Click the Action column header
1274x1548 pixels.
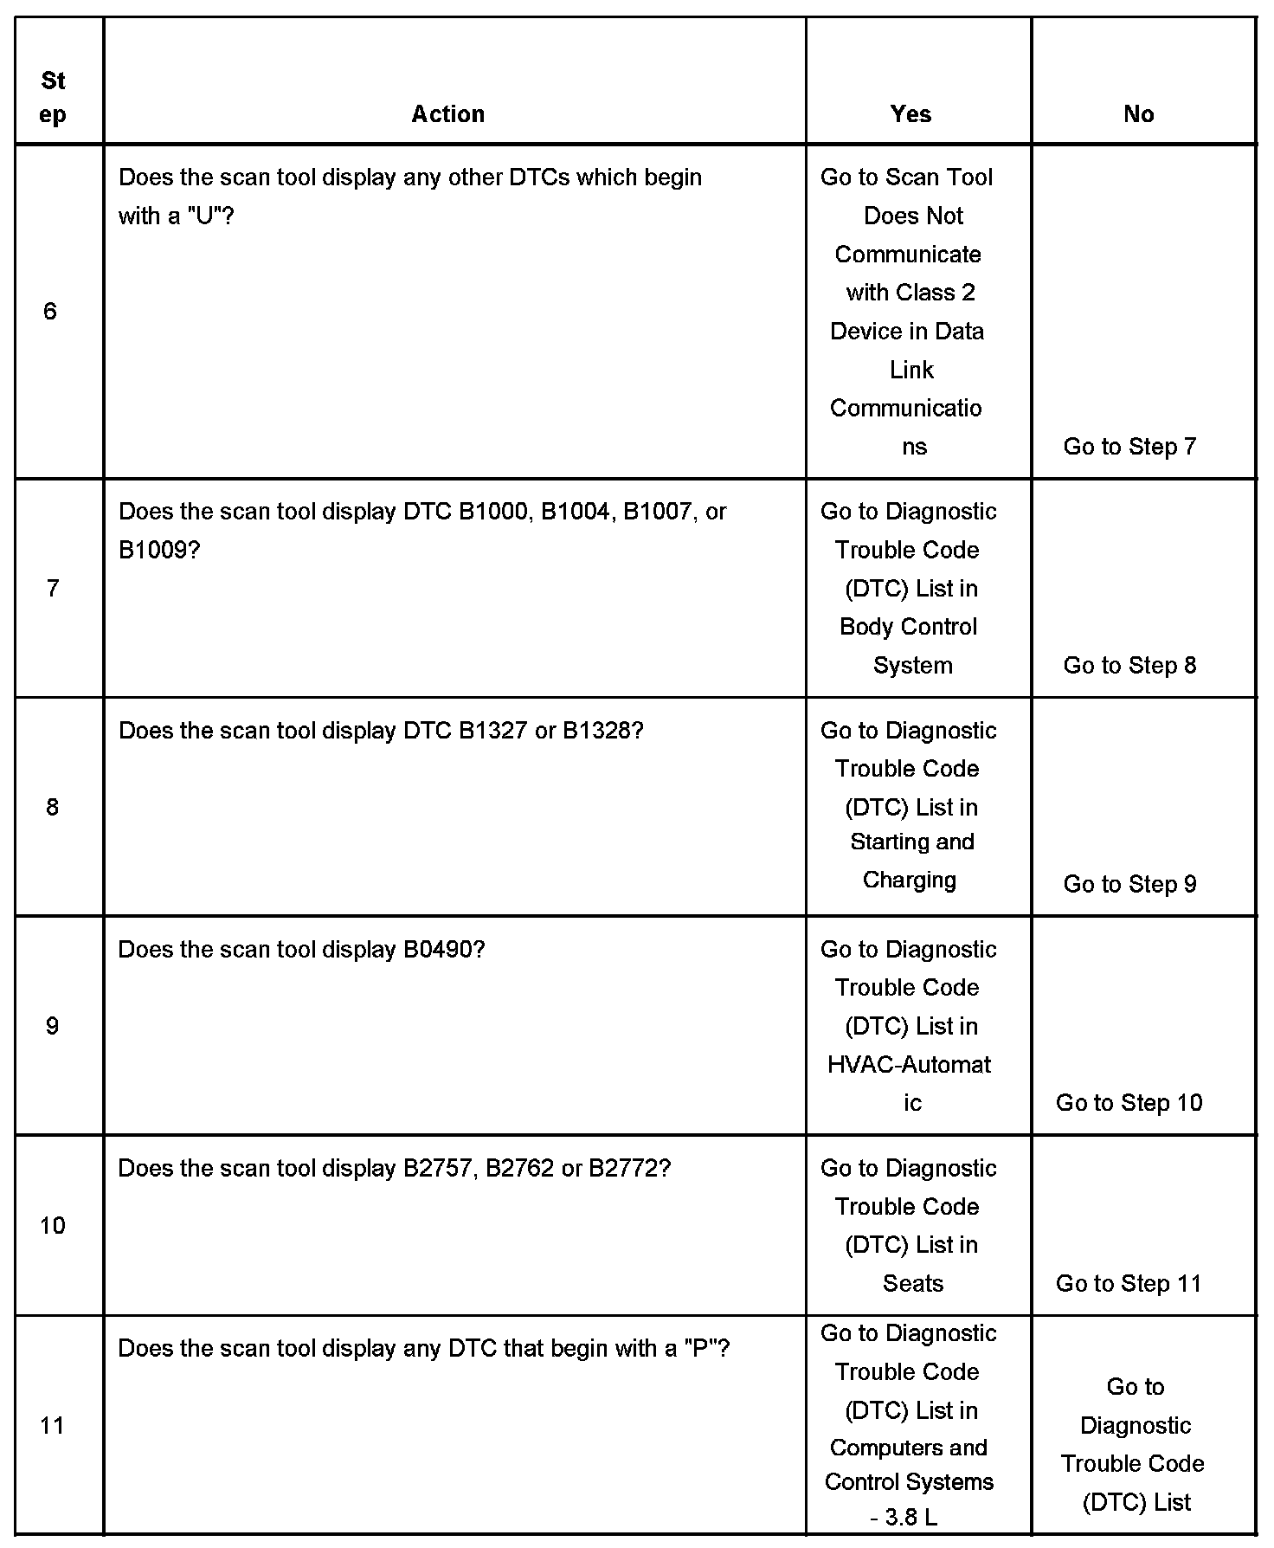pos(447,114)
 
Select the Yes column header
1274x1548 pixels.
pos(910,114)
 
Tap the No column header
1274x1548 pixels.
pos(1138,114)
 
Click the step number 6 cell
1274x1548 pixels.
pos(50,312)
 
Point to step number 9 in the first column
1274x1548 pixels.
pos(52,1026)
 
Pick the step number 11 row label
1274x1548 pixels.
pos(52,1425)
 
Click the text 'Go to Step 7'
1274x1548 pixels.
pos(1129,447)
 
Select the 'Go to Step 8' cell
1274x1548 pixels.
pos(1129,665)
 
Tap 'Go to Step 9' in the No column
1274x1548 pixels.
pos(1129,884)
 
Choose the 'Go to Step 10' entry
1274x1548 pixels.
pos(1129,1102)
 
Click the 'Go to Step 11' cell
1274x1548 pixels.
pos(1129,1283)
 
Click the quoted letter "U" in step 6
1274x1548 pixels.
pos(204,216)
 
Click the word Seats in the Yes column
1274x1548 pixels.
pos(912,1283)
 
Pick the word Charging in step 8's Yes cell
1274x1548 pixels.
pos(909,880)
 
